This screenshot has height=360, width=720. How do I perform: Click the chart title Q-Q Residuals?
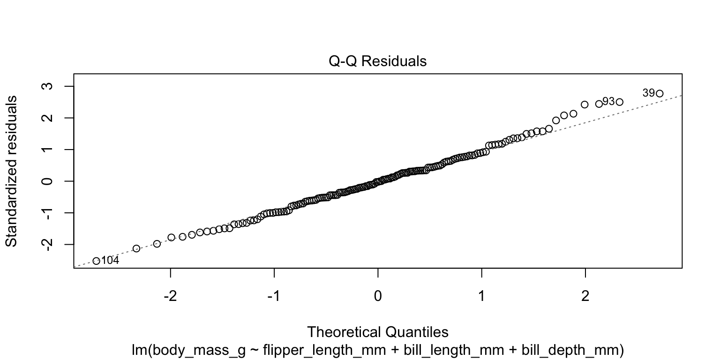click(x=378, y=61)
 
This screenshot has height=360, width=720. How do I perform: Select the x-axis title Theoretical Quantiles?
click(x=378, y=332)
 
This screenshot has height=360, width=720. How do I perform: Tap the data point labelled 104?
click(x=96, y=261)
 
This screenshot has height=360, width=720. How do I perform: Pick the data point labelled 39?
click(x=660, y=93)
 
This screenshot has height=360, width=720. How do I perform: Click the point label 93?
click(x=608, y=101)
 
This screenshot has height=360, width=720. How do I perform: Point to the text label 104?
click(x=110, y=261)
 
